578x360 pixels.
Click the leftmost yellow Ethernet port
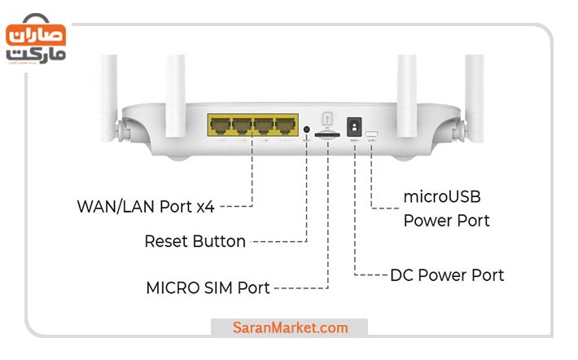tap(220, 126)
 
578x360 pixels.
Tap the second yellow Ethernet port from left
tap(241, 126)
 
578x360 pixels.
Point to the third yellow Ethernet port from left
tap(262, 126)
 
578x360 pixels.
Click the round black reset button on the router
tap(306, 129)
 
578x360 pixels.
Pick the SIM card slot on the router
tap(327, 138)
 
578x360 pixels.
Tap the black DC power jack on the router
tap(355, 127)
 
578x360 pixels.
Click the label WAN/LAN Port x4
tap(146, 206)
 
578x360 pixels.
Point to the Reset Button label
tap(195, 241)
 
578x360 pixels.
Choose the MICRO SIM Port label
tap(208, 288)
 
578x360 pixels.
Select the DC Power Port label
tap(447, 275)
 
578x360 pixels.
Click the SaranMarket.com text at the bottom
tap(290, 328)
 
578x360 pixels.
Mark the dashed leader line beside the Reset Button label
tap(277, 241)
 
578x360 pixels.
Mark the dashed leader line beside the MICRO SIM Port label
tap(300, 288)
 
